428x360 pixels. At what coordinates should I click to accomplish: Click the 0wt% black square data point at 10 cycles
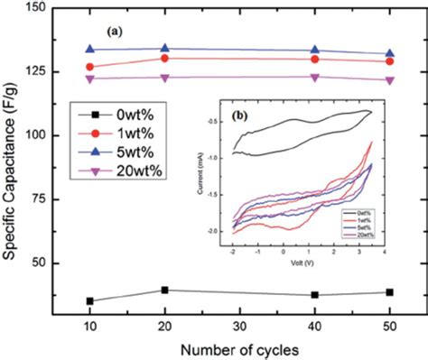pyautogui.click(x=90, y=300)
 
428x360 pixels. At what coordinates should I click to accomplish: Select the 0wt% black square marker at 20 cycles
pyautogui.click(x=163, y=290)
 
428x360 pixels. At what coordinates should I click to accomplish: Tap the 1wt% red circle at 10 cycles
pyautogui.click(x=90, y=67)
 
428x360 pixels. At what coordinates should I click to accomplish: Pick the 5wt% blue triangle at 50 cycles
pyautogui.click(x=389, y=53)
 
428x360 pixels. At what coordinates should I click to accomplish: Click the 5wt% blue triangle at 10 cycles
pyautogui.click(x=90, y=49)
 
